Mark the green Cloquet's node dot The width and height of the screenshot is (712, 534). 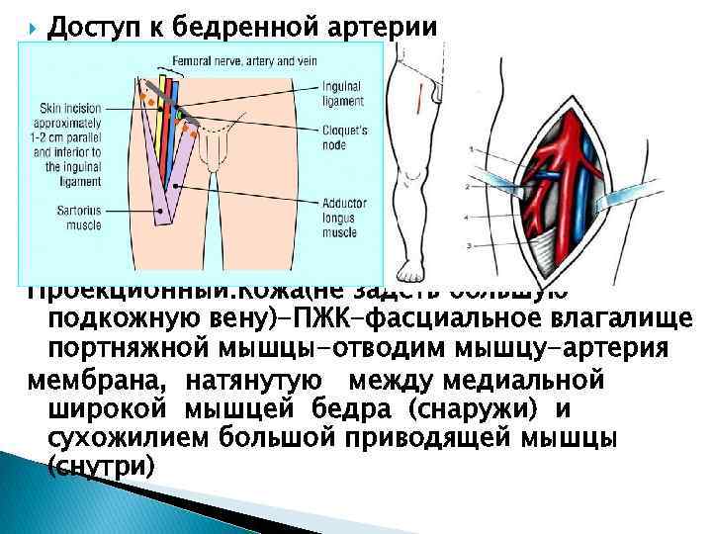click(x=180, y=116)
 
